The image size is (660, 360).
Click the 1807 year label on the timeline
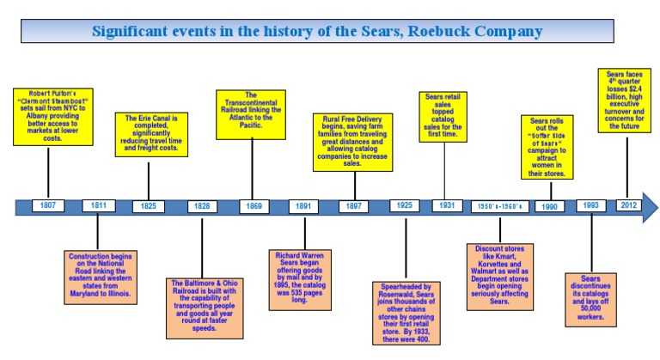click(x=48, y=206)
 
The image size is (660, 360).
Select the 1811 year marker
click(x=99, y=206)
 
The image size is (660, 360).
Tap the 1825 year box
click(x=150, y=206)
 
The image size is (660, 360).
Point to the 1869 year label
click(x=254, y=206)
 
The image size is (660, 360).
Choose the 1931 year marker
click(x=444, y=206)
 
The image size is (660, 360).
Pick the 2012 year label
click(x=628, y=206)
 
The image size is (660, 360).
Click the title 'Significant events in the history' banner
click(x=317, y=32)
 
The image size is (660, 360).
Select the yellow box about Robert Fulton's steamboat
click(x=55, y=114)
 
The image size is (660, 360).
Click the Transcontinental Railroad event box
click(x=250, y=113)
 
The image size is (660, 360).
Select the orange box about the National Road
click(x=101, y=275)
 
